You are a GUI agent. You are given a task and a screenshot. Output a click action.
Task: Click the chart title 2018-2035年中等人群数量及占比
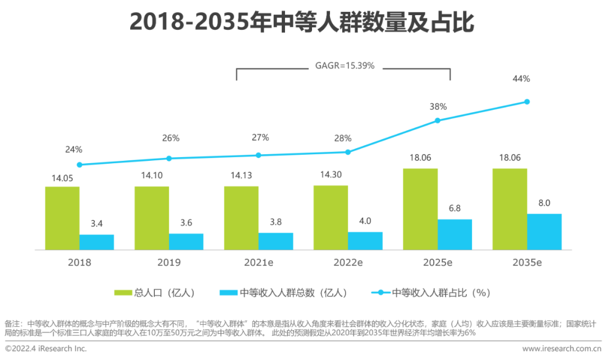pyautogui.click(x=302, y=23)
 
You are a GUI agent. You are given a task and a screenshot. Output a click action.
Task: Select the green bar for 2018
pyautogui.click(x=62, y=218)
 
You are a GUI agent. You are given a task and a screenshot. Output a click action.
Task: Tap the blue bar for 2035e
pyautogui.click(x=544, y=232)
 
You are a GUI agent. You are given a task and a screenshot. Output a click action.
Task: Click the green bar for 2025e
pyautogui.click(x=420, y=209)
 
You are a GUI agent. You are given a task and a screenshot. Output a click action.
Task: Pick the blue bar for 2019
pyautogui.click(x=186, y=242)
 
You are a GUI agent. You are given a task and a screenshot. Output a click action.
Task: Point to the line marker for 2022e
pyautogui.click(x=348, y=152)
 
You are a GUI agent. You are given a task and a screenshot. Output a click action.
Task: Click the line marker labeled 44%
pyautogui.click(x=527, y=101)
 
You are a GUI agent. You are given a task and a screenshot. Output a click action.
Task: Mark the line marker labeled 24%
pyautogui.click(x=80, y=165)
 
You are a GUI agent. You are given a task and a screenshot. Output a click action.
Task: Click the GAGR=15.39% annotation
pyautogui.click(x=344, y=66)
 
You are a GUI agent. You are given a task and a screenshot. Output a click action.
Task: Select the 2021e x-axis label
pyautogui.click(x=258, y=262)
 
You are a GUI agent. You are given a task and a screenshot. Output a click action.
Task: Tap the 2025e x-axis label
pyautogui.click(x=437, y=262)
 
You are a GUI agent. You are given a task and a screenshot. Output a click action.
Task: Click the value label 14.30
pyautogui.click(x=330, y=174)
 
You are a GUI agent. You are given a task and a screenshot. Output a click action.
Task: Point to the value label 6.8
pyautogui.click(x=454, y=209)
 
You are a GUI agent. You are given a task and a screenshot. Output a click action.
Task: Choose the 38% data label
pyautogui.click(x=438, y=106)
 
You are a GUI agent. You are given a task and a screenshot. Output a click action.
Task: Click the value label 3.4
pyautogui.click(x=97, y=224)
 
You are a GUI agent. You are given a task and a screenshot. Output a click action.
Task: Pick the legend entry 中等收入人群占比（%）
pyautogui.click(x=431, y=292)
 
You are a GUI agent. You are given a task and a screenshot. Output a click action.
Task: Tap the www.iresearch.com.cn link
pyautogui.click(x=562, y=349)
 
